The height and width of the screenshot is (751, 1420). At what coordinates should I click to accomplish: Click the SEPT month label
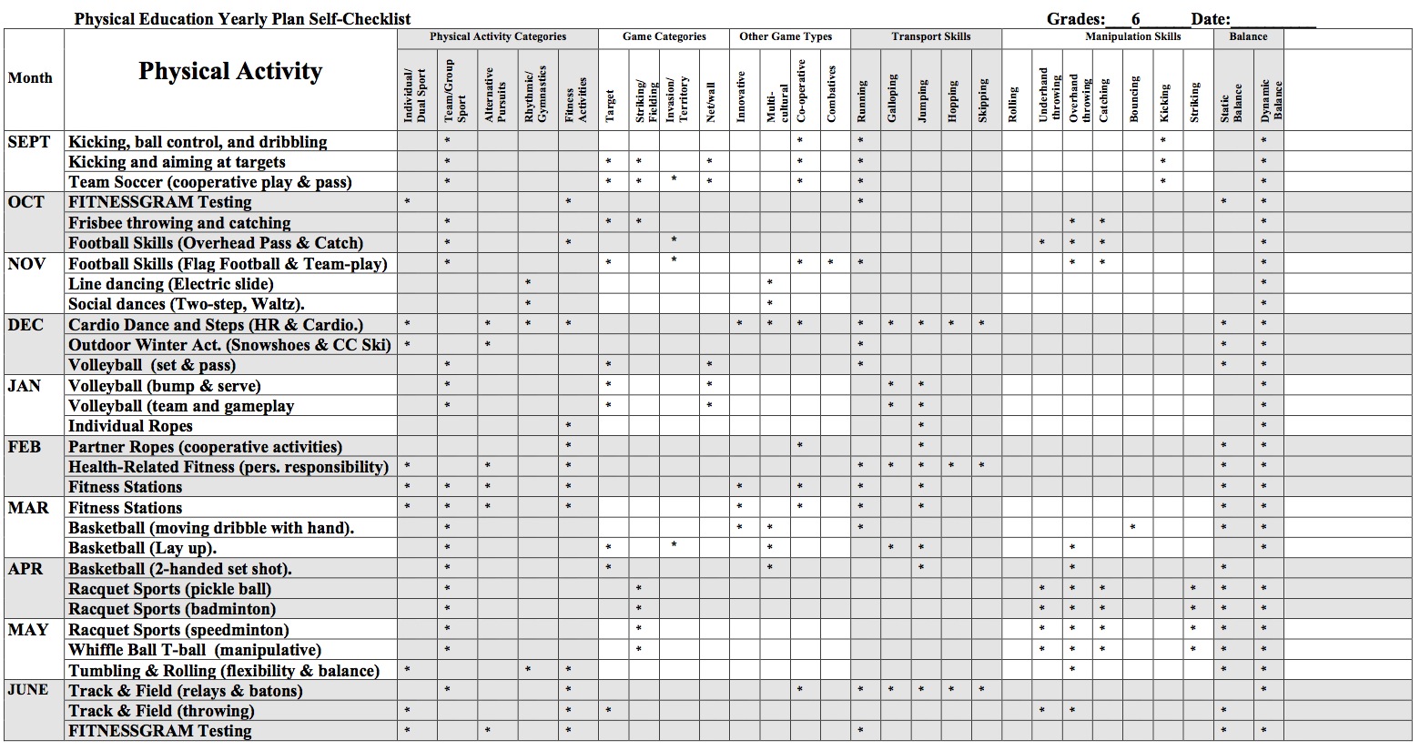tap(29, 142)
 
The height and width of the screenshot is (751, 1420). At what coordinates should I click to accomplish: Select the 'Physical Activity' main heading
tap(230, 72)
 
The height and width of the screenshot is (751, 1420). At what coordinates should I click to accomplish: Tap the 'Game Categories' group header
tap(664, 37)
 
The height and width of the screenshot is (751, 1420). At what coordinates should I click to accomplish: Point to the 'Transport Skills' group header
tap(930, 37)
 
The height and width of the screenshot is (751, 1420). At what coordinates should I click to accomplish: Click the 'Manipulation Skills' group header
tap(1132, 37)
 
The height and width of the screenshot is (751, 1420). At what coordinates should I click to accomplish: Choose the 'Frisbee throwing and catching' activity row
tap(179, 223)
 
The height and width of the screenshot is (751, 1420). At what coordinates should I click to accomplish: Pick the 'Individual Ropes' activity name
tap(130, 426)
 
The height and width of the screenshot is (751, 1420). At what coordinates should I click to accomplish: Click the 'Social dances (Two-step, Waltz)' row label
tap(187, 304)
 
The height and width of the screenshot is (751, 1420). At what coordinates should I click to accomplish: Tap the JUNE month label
tap(27, 690)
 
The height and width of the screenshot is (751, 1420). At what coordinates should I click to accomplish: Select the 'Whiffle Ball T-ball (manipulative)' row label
tap(195, 650)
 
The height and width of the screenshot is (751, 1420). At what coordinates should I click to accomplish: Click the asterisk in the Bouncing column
tap(1133, 527)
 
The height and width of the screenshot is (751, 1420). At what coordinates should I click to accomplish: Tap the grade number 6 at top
tap(1135, 19)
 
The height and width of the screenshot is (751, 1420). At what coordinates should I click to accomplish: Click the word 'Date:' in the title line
tap(1211, 19)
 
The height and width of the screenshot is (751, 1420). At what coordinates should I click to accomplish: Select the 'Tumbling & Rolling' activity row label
tap(224, 671)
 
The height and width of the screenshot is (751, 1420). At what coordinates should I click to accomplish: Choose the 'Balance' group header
tap(1248, 37)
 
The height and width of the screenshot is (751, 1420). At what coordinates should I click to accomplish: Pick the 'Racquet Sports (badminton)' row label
tap(172, 609)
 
